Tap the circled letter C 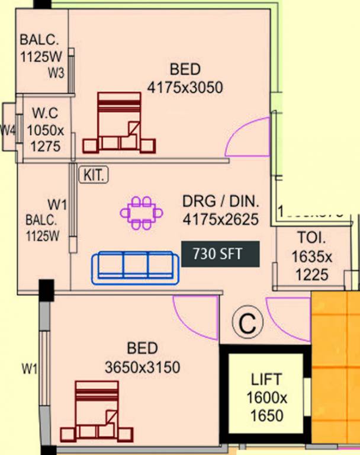coord(246,323)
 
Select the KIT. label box coord(94,175)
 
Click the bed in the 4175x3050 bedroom coord(119,123)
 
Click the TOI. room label coord(311,239)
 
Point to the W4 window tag coord(7,130)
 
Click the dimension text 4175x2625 coord(220,220)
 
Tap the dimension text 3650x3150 coord(142,367)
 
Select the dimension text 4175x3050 coord(184,88)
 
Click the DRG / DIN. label coord(220,201)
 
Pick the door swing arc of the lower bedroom coord(196,318)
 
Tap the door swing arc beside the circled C coord(288,318)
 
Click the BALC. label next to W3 coord(40,41)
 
